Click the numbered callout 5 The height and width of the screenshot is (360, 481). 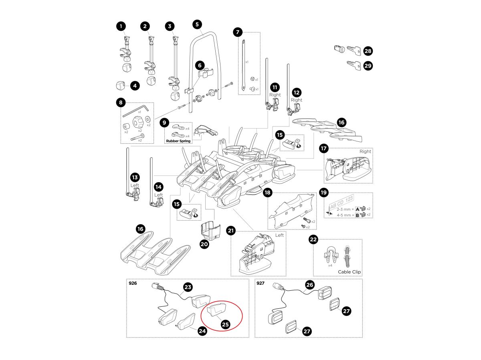point(197,24)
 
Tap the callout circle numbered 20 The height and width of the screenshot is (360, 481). point(204,243)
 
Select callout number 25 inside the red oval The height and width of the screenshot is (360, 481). point(225,324)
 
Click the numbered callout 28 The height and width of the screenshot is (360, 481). point(368,51)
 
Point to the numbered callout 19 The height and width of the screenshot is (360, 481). point(324,193)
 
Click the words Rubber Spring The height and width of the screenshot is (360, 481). point(178,141)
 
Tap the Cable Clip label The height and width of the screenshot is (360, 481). point(349,272)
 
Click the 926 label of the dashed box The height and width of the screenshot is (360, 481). point(133,283)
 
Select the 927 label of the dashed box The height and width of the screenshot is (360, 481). point(261,283)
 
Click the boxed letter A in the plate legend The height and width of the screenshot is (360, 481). point(358,208)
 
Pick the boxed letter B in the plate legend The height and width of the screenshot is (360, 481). point(358,215)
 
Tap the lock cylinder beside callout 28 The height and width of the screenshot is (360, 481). point(338,49)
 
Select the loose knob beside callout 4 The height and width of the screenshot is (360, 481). point(121,85)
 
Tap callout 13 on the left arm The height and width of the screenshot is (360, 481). point(135,177)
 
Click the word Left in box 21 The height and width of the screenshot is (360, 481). point(279,235)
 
